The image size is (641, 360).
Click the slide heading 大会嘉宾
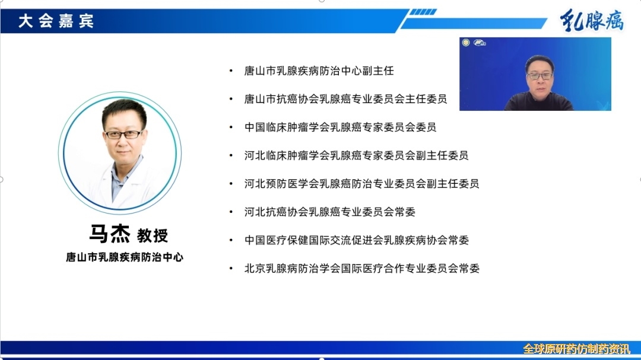pos(56,21)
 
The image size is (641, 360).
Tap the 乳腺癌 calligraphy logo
pos(592,20)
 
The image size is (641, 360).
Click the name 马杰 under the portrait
pos(110,234)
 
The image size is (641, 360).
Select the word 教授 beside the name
pos(153,235)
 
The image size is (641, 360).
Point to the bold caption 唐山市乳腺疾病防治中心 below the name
pos(125,257)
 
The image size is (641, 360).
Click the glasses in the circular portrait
pos(123,134)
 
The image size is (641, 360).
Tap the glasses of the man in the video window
pos(540,75)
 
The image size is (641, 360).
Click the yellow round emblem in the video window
pos(466,43)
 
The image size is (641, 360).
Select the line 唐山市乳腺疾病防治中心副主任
pos(319,71)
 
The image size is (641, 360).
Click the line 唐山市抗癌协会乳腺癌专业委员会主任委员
pos(345,99)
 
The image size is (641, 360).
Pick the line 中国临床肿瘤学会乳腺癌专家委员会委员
pos(340,127)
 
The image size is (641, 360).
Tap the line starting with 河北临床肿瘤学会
pos(356,155)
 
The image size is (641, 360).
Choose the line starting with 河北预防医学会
pos(361,183)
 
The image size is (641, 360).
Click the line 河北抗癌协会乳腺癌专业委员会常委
pos(329,212)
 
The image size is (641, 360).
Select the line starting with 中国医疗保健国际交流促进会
pos(357,240)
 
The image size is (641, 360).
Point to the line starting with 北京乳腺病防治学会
pos(362,268)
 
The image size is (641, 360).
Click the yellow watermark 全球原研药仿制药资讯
pos(576,349)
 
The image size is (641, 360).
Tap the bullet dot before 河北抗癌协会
pos(231,212)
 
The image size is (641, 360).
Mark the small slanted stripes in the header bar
pos(423,12)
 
